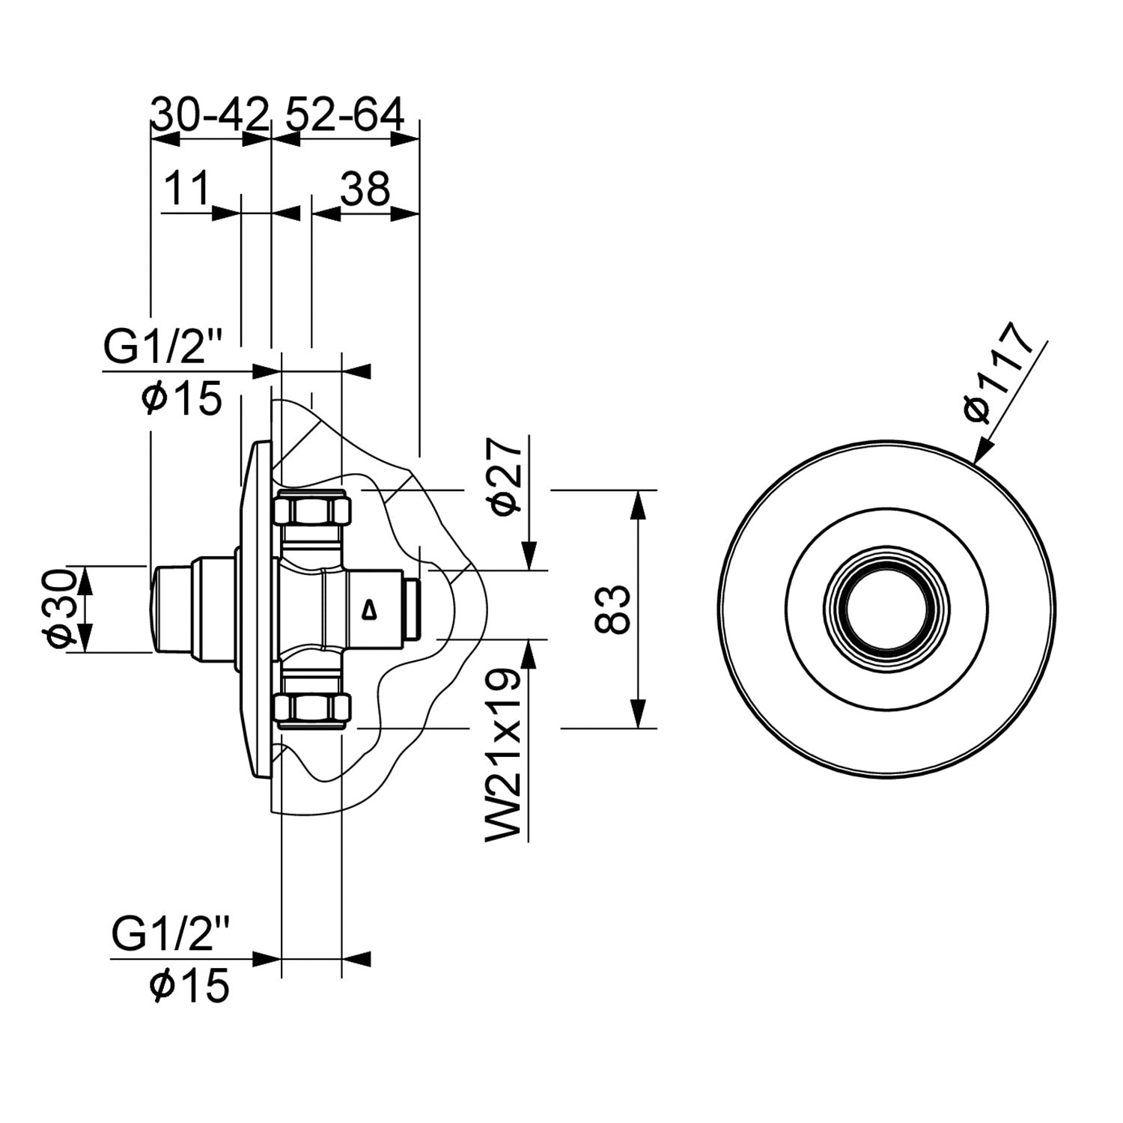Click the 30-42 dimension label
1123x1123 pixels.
point(210,115)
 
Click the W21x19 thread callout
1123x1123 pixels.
point(503,756)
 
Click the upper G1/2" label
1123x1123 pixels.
point(164,348)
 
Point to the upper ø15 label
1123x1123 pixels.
point(183,398)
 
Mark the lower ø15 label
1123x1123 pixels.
point(189,985)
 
